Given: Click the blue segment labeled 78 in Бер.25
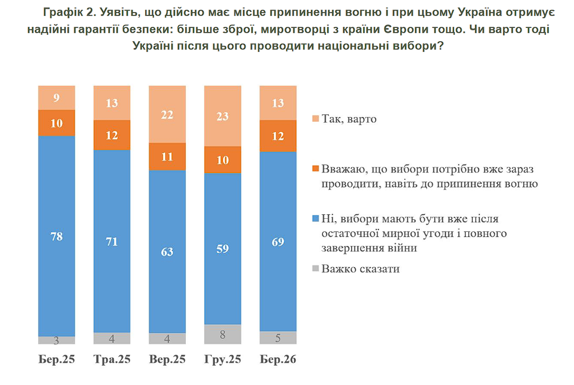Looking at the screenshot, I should [x=57, y=236].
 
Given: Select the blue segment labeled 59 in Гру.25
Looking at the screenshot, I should [x=222, y=248].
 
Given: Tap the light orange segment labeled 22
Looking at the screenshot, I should [x=167, y=114].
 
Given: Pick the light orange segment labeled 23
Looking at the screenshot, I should [x=222, y=115].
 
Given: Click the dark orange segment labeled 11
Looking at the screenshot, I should [x=167, y=157].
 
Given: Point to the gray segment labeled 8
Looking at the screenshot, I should [x=222, y=335].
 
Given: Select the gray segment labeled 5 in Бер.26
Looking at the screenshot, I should [x=278, y=338].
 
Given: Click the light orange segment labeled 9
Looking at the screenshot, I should [x=57, y=97].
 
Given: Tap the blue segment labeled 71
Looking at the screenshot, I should [x=112, y=241].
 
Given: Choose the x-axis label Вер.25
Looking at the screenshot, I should [x=167, y=360].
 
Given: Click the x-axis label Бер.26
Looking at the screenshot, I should [x=278, y=360].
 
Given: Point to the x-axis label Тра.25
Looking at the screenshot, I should [x=112, y=360].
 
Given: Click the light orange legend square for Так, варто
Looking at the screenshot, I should [x=316, y=119].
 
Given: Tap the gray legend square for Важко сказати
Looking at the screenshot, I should [x=316, y=268].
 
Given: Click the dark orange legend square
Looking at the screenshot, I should [x=316, y=170].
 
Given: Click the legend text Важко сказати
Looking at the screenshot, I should [x=360, y=268].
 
